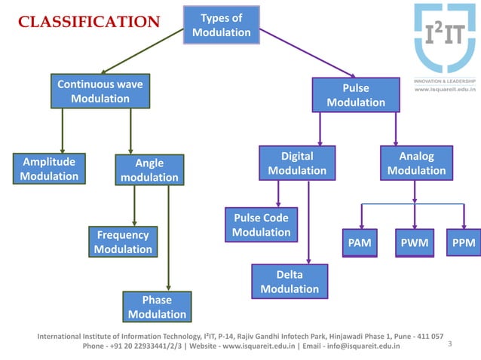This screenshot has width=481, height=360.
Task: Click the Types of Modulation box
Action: [x=221, y=25]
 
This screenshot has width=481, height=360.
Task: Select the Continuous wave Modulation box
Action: [x=100, y=91]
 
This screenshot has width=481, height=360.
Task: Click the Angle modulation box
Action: [x=149, y=170]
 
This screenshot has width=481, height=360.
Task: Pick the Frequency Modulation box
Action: [x=123, y=242]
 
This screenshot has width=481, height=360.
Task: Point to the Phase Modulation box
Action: [x=156, y=307]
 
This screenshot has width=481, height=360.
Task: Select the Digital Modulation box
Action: [x=296, y=163]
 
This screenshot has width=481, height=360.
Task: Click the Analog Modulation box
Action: [x=416, y=163]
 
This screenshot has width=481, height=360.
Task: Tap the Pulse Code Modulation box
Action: [x=261, y=225]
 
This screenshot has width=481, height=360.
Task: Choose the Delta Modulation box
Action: [x=289, y=282]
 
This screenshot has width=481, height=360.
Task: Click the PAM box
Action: [x=359, y=243]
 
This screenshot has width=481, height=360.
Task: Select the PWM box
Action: [x=415, y=243]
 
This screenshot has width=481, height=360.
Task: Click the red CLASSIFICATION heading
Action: [x=89, y=21]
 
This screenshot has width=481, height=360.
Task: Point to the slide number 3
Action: [x=450, y=344]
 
